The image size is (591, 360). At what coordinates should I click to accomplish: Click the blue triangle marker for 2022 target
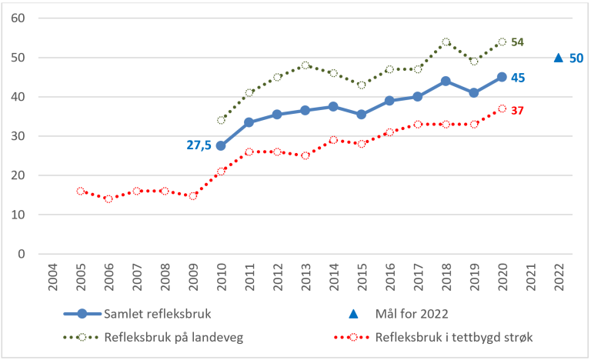(559, 58)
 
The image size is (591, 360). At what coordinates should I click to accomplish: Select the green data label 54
(518, 42)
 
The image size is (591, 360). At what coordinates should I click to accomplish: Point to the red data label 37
(518, 111)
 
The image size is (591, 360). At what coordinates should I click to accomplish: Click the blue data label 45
(518, 78)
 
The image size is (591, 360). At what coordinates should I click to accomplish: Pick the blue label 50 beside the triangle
(576, 58)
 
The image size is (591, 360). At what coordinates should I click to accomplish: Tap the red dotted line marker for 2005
(81, 191)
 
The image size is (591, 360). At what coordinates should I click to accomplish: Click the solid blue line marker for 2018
(446, 81)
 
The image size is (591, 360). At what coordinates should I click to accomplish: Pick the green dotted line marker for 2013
(306, 65)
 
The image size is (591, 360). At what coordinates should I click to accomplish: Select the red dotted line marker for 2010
(222, 172)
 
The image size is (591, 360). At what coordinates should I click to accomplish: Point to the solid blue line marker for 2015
(362, 115)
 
